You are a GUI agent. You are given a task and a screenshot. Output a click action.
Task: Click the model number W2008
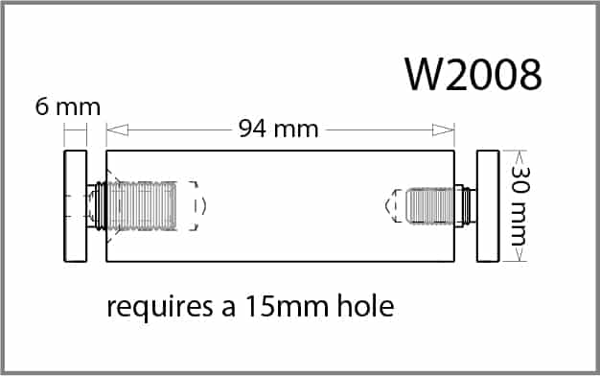(x=473, y=74)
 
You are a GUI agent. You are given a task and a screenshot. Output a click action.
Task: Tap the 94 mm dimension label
(x=278, y=129)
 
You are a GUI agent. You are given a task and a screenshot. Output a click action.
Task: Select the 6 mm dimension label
(x=68, y=106)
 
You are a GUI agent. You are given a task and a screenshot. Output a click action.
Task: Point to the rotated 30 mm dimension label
(x=520, y=205)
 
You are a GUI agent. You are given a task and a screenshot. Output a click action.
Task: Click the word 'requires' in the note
(x=159, y=308)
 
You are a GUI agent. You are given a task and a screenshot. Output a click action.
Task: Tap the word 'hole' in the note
(x=365, y=306)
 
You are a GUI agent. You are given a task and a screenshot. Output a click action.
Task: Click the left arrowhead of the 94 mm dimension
(x=117, y=129)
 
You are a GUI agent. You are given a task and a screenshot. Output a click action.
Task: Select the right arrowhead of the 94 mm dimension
(x=443, y=129)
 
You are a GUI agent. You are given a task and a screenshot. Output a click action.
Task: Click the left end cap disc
(x=76, y=206)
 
